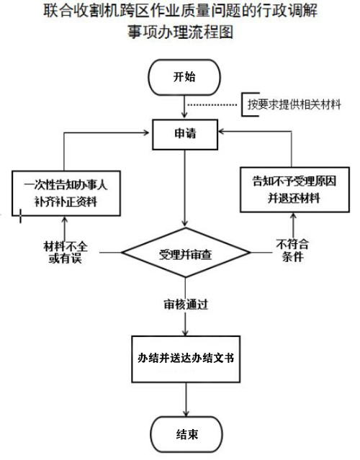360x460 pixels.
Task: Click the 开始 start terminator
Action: tap(184, 78)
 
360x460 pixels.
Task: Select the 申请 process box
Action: tap(185, 135)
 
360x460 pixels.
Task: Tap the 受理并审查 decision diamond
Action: tap(186, 253)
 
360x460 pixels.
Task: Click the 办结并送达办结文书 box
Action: tap(186, 359)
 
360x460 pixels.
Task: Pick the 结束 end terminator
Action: tap(186, 435)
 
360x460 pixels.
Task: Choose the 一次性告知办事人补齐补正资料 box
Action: tap(66, 194)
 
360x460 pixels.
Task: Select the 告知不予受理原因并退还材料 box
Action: tap(294, 189)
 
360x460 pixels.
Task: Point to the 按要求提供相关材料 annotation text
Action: tap(294, 104)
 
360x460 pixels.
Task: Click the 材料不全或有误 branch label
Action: tap(66, 252)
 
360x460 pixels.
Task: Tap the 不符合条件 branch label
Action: tap(292, 251)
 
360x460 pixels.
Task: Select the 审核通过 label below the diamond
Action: tap(186, 305)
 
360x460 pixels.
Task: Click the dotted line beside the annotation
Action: tap(212, 104)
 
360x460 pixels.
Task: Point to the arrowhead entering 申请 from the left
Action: tap(146, 132)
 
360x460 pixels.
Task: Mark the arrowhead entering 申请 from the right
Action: tap(222, 131)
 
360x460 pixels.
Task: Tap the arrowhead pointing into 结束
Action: tap(186, 412)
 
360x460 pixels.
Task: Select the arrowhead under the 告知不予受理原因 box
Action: tap(293, 217)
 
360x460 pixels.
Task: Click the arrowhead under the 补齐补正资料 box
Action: tap(65, 220)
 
